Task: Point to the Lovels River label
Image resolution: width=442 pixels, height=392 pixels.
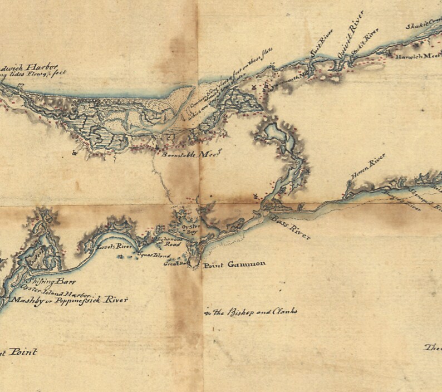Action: [109, 246]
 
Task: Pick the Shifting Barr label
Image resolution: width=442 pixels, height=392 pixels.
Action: [50, 282]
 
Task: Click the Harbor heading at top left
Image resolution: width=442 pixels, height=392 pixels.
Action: [28, 68]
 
